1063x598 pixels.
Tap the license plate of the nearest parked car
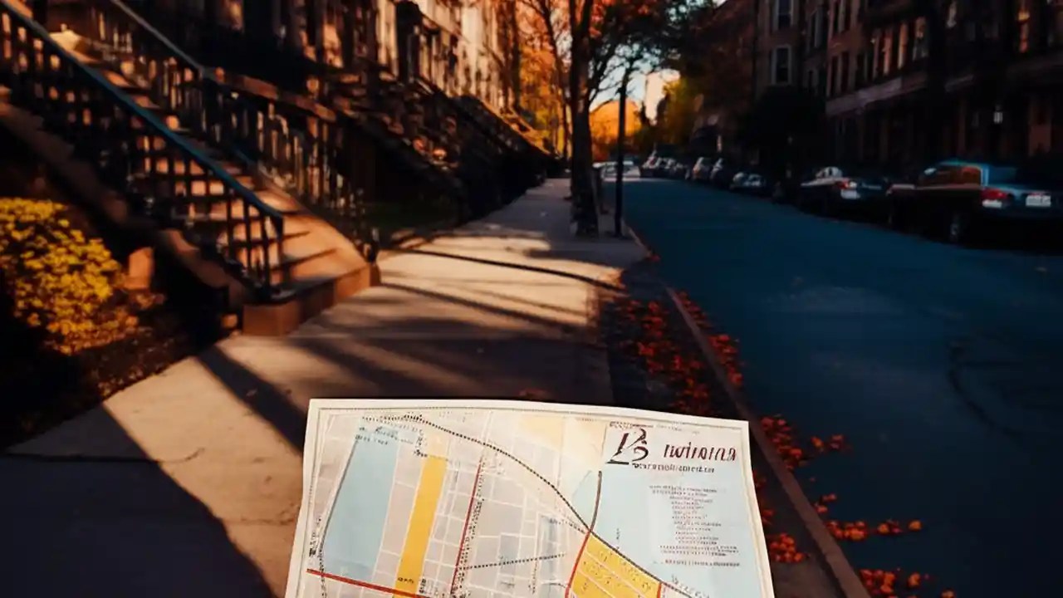coord(1037,200)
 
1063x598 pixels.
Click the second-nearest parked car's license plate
coord(850,194)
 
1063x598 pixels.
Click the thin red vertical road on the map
coord(465,532)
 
